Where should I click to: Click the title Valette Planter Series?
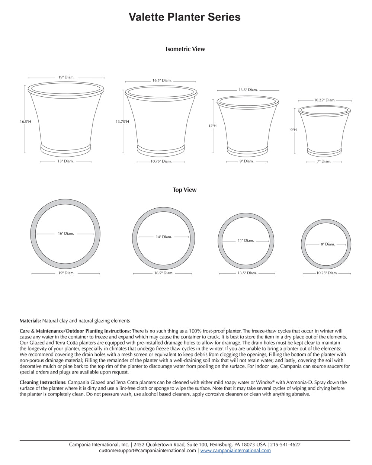coord(185,17)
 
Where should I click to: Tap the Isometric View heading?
coord(185,49)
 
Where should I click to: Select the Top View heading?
coord(185,190)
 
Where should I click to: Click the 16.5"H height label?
coord(26,121)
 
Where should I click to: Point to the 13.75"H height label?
coord(122,122)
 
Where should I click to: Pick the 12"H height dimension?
coord(212,126)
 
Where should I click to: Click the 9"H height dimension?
coord(294,130)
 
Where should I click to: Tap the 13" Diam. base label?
coord(65,161)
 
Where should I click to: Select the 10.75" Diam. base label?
coord(161,161)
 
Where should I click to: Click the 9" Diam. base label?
coord(246,161)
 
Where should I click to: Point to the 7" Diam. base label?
coord(324,161)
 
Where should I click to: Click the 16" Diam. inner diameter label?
coord(66,234)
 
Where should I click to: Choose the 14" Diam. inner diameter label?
coord(164,237)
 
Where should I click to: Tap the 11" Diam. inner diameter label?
coord(246,241)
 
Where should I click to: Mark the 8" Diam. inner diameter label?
coord(328,244)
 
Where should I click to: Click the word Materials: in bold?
coord(30,321)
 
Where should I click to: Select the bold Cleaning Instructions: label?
coord(43,382)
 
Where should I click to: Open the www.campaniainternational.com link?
coord(235,450)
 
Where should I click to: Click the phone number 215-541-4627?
coord(285,445)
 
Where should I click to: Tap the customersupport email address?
coord(147,450)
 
